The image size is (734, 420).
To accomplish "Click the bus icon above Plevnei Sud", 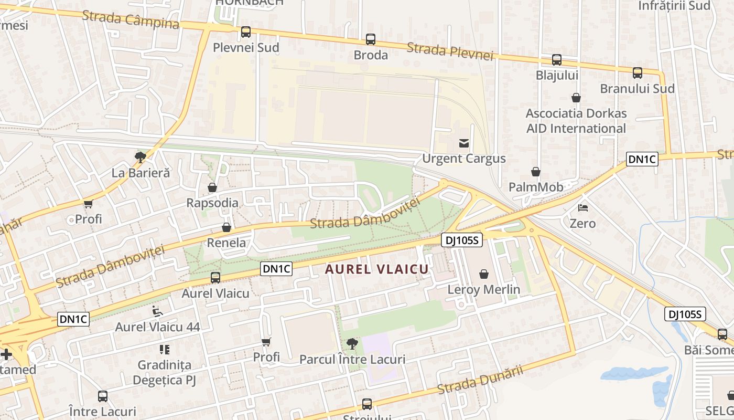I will [246, 32].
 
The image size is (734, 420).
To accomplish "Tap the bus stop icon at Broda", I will [371, 39].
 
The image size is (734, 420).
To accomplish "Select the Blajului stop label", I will [557, 75].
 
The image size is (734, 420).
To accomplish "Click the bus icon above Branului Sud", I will [638, 73].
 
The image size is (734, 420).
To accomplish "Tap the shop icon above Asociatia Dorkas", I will [576, 98].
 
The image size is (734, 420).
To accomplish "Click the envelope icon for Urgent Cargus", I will [464, 143].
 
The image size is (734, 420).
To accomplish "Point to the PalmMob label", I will [536, 187].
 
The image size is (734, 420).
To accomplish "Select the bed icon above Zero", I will [582, 208].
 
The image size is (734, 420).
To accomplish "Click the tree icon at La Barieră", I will [140, 156].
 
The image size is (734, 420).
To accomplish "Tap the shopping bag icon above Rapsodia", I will [212, 187].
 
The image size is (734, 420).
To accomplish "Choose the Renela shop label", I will [226, 243].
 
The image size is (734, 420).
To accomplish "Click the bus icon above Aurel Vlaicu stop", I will [215, 278].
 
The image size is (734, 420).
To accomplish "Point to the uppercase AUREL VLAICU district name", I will [376, 269].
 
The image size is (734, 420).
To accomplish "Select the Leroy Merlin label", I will [483, 289].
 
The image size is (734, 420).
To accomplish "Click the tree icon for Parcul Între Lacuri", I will [352, 344].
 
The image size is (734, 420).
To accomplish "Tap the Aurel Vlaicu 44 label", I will [157, 327].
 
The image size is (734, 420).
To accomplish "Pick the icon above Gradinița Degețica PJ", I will [165, 349].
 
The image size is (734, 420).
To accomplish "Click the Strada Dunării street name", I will [480, 380].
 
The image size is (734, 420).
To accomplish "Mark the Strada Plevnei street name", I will [450, 51].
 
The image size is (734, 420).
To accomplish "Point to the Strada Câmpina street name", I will [131, 19].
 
